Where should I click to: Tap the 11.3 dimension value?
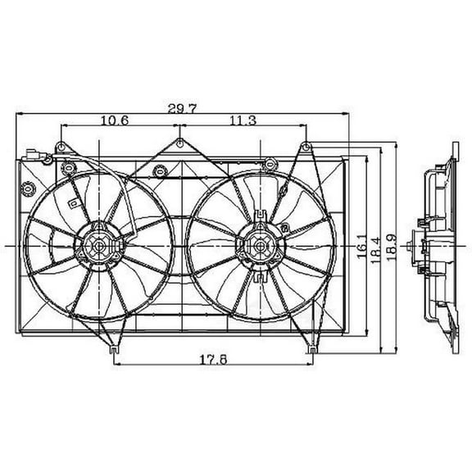(242, 120)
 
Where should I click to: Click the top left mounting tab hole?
(61, 148)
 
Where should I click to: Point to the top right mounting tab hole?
(305, 148)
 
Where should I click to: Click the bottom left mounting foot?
(111, 351)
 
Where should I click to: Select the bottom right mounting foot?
(311, 351)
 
